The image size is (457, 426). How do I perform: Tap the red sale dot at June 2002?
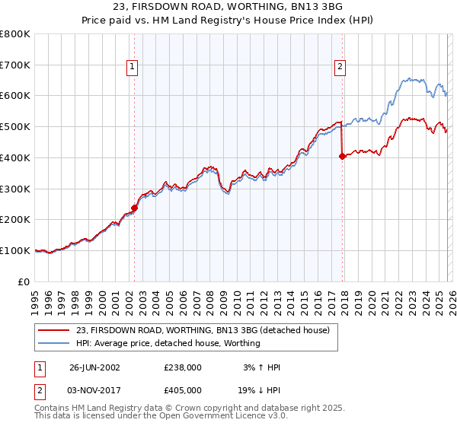(134, 207)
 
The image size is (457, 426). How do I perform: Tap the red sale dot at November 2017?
(342, 156)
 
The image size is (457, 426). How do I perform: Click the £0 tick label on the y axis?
(24, 281)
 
